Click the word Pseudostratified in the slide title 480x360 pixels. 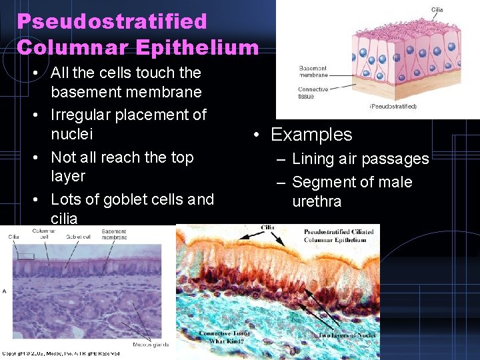(112, 21)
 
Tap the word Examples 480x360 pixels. (311, 135)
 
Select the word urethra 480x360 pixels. (317, 201)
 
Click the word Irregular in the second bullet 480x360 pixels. (83, 115)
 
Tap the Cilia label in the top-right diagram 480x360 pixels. (437, 9)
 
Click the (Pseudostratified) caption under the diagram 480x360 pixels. (393, 106)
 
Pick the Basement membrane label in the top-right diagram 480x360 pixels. (313, 72)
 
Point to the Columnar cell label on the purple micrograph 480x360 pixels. (44, 233)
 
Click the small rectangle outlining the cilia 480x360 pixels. (25, 256)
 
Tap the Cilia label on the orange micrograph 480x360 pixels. (267, 227)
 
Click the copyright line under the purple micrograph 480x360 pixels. (60, 353)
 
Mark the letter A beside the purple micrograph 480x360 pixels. (5, 291)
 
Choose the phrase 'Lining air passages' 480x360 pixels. (360, 159)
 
